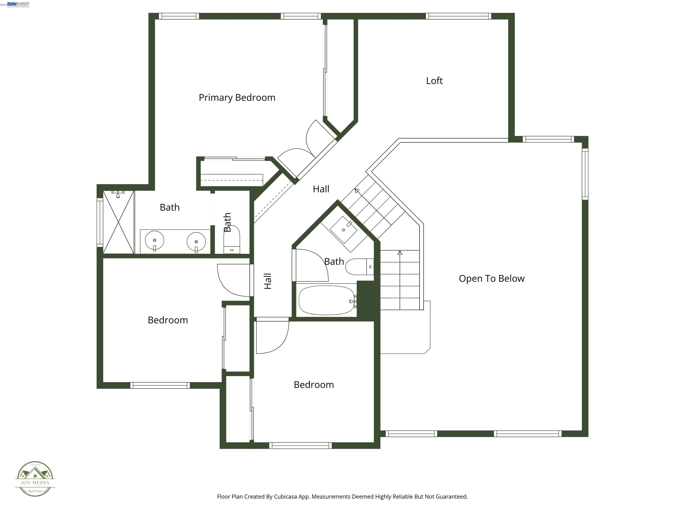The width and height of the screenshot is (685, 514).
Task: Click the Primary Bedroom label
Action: pos(237,97)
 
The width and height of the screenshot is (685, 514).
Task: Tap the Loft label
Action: pos(434,81)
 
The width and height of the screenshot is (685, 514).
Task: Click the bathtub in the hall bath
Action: pos(326,300)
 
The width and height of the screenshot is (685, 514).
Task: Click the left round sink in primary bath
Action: pos(155,240)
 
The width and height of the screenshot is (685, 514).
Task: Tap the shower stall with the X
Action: pos(118,222)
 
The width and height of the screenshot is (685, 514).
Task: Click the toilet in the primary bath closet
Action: pos(232,240)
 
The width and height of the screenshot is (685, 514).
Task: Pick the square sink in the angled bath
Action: pos(343,230)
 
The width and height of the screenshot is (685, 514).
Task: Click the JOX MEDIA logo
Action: pos(35,479)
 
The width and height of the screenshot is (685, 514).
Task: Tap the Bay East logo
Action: pos(18,4)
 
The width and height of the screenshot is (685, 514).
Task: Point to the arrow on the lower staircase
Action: pos(400,253)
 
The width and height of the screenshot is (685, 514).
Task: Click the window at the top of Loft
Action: pos(458,16)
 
